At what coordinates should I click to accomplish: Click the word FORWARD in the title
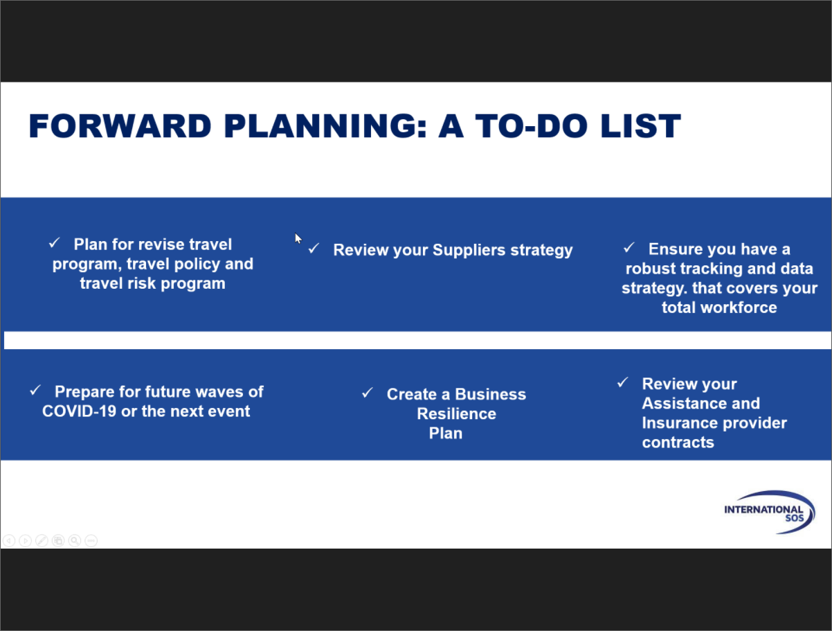coord(120,126)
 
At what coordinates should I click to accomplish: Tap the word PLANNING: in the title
coord(325,126)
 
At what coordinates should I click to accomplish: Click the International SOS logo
coord(769,512)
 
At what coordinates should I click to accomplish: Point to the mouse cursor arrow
coord(298,238)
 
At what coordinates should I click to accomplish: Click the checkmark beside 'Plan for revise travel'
coord(55,242)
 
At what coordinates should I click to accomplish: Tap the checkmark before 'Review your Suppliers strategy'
coord(314,249)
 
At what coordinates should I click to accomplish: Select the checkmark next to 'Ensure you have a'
coord(628,248)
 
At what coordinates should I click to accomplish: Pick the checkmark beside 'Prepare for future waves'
coord(35,390)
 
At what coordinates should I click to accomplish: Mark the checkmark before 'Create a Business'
coord(368,393)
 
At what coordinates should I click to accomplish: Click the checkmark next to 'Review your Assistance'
coord(623,382)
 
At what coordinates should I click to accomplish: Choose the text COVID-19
coord(79,411)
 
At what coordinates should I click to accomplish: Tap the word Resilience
coord(456,414)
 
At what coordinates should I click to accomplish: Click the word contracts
coord(678,443)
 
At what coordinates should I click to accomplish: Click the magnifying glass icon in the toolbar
coord(75,540)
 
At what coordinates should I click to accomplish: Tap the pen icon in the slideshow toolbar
coord(42,540)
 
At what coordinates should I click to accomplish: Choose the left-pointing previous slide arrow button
coord(9,540)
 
